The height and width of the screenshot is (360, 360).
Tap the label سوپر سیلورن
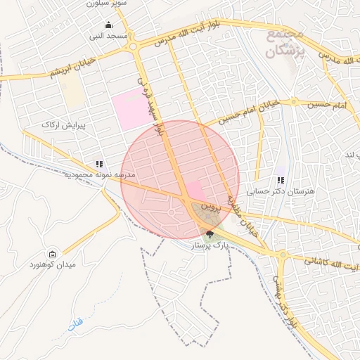tap(108, 4)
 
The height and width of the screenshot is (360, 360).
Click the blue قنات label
tap(75, 325)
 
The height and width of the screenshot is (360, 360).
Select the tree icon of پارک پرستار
tap(210, 233)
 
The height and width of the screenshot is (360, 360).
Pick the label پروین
tap(212, 209)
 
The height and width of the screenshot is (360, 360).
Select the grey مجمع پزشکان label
tap(285, 44)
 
